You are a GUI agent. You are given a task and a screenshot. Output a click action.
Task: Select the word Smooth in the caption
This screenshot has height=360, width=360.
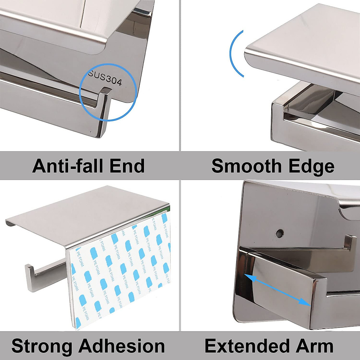[x=245, y=166]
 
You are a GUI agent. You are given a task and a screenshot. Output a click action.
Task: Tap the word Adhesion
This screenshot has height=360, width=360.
[x=121, y=346]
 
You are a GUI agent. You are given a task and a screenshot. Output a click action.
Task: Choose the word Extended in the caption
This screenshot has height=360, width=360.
[x=246, y=346]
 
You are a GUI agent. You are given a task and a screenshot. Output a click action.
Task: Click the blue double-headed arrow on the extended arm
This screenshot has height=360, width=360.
[x=277, y=289]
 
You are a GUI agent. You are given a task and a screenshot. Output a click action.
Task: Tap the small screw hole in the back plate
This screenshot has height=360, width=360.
[x=280, y=232]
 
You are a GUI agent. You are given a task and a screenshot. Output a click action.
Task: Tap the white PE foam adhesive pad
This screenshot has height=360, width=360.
[x=120, y=270]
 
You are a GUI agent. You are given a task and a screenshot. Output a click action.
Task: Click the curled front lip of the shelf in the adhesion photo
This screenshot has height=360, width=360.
[x=10, y=223]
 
